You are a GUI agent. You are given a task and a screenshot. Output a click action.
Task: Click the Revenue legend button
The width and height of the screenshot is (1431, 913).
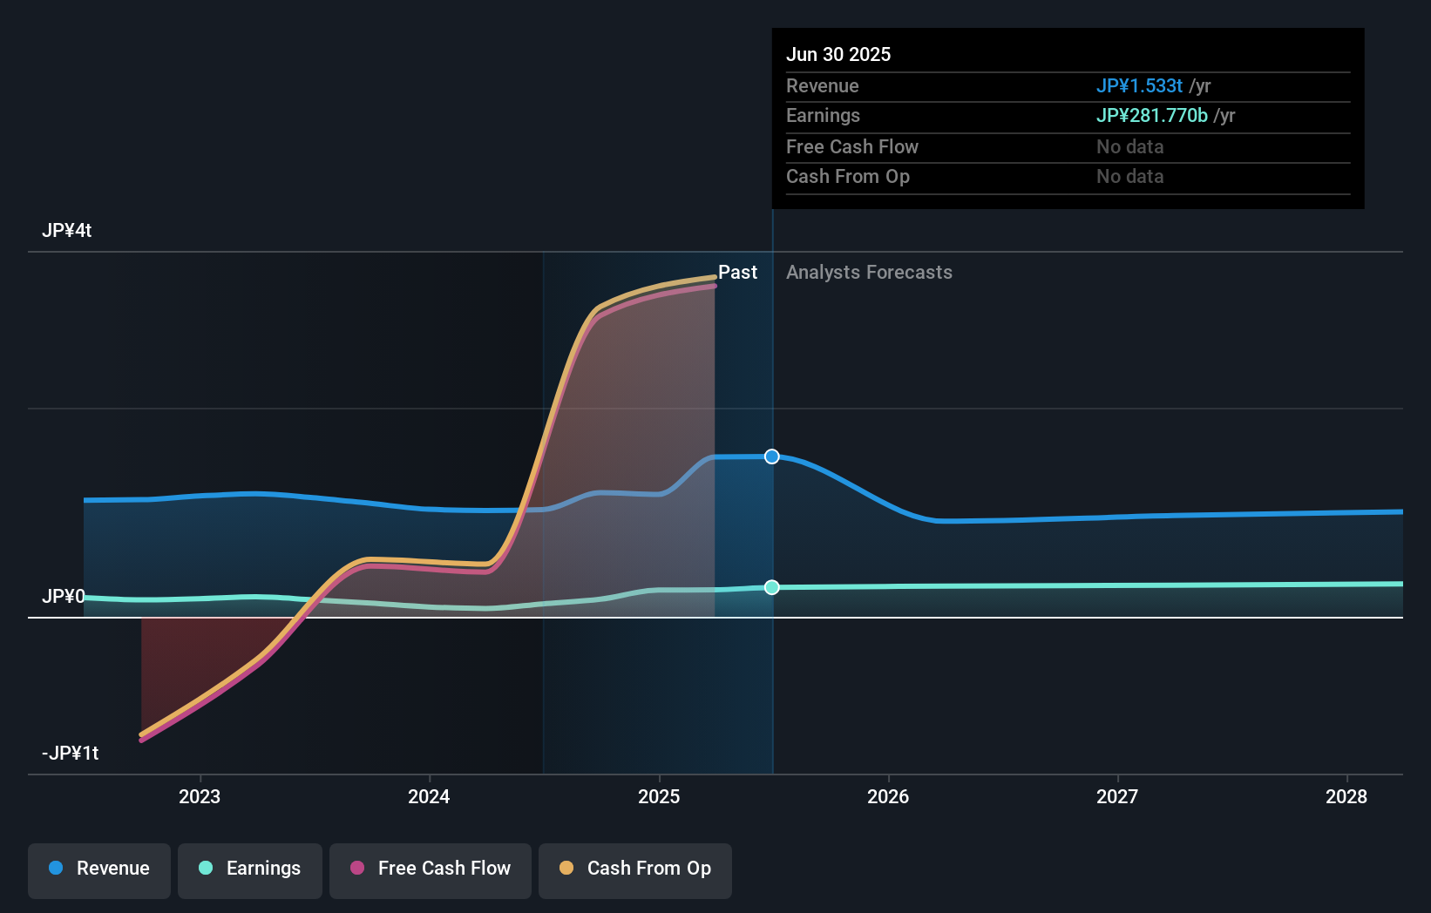(x=99, y=869)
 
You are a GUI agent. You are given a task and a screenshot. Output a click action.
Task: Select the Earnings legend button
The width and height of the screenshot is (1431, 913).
(x=250, y=869)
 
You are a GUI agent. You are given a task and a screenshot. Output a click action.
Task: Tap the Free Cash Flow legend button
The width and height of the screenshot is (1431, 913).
(x=431, y=869)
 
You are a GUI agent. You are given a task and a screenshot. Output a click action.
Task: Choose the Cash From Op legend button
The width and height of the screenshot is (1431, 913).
(x=635, y=869)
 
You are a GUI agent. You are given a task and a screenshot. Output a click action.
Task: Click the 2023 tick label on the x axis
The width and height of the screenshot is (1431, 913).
(x=200, y=796)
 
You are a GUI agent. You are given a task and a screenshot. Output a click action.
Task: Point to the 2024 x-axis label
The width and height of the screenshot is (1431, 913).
(x=429, y=796)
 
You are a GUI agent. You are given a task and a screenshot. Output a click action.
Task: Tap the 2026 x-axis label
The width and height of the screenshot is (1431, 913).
(x=888, y=796)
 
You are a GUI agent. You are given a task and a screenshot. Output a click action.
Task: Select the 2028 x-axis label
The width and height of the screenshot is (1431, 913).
(x=1346, y=796)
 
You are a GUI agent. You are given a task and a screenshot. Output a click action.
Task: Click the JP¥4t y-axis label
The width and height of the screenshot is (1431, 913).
(x=66, y=231)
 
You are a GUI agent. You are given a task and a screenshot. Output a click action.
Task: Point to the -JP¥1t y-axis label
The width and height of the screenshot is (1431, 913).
(x=70, y=754)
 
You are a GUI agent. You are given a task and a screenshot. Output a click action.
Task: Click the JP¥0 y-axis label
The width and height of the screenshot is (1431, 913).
(x=63, y=597)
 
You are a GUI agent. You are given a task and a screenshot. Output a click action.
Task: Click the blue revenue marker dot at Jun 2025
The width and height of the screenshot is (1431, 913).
(x=772, y=456)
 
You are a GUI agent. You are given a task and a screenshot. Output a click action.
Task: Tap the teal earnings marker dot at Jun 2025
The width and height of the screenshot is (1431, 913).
(x=772, y=587)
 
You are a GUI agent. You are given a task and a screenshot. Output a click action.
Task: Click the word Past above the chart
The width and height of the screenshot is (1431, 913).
(x=737, y=273)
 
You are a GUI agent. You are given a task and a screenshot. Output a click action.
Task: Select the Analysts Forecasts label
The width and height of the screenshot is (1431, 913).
(x=869, y=273)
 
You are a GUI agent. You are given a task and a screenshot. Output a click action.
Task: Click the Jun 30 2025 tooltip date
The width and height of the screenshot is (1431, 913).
(x=838, y=55)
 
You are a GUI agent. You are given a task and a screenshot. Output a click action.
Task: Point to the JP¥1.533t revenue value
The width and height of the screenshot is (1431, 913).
(x=1139, y=86)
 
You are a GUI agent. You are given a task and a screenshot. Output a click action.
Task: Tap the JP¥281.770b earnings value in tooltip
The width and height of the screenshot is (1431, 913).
(x=1151, y=116)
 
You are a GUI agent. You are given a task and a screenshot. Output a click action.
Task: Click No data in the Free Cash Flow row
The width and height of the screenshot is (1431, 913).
(x=1129, y=147)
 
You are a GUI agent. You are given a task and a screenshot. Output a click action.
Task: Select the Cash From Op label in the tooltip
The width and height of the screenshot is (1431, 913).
(x=847, y=177)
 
